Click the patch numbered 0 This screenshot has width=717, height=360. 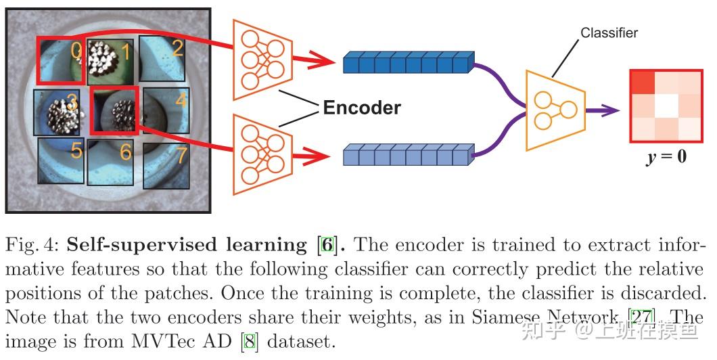click(x=61, y=60)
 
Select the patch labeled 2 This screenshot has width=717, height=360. click(x=162, y=58)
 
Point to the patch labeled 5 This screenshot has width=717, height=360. click(x=61, y=159)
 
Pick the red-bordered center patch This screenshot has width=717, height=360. click(x=114, y=109)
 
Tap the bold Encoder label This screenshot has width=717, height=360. click(x=362, y=108)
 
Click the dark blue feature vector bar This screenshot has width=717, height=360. click(x=406, y=62)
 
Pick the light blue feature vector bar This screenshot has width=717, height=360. click(x=406, y=156)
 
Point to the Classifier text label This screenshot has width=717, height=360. click(x=609, y=32)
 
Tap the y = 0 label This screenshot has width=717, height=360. click(x=666, y=157)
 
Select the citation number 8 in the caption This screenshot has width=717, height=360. click(x=250, y=340)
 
